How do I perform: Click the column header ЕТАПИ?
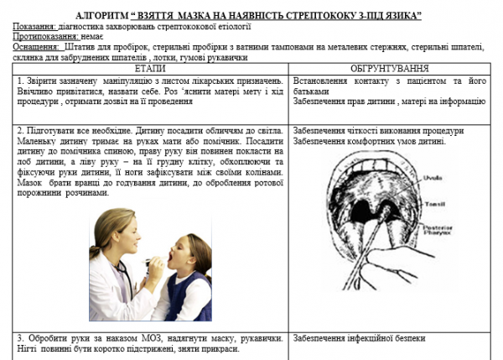[x=150, y=68]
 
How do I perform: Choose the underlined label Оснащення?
[x=36, y=49]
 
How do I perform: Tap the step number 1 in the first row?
[x=19, y=81]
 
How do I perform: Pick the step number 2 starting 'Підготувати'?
[x=19, y=132]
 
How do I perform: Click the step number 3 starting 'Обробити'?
[x=19, y=339]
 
